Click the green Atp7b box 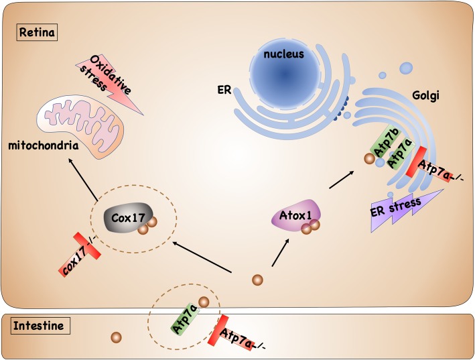click(x=379, y=142)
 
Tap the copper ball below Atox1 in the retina click(x=257, y=280)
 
